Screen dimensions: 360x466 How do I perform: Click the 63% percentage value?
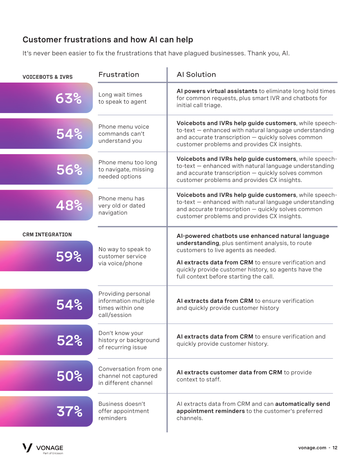pyautogui.click(x=68, y=98)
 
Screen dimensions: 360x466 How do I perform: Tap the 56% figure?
pyautogui.click(x=70, y=170)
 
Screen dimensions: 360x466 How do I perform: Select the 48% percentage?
pyautogui.click(x=69, y=205)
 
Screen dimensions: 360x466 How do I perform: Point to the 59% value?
pyautogui.click(x=68, y=257)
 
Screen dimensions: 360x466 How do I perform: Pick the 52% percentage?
pyautogui.click(x=70, y=340)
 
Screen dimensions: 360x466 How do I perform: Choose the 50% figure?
pyautogui.click(x=70, y=376)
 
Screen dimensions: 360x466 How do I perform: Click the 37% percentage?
pyautogui.click(x=70, y=411)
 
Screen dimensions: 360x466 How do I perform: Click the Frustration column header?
pyautogui.click(x=119, y=75)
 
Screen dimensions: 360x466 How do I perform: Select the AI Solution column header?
pyautogui.click(x=196, y=75)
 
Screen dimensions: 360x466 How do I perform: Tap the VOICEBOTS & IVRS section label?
pyautogui.click(x=48, y=77)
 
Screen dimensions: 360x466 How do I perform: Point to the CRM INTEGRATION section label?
pyautogui.click(x=47, y=234)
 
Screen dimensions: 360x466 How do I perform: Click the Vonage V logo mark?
pyautogui.click(x=27, y=448)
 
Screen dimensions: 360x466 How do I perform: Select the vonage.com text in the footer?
pyautogui.click(x=312, y=448)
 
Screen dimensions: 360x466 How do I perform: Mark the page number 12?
pyautogui.click(x=335, y=448)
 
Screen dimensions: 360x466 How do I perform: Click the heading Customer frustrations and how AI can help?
pyautogui.click(x=108, y=40)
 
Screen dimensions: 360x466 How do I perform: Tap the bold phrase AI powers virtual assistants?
pyautogui.click(x=217, y=91)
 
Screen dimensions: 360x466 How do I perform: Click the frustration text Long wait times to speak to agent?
pyautogui.click(x=122, y=98)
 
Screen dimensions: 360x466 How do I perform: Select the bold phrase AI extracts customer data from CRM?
pyautogui.click(x=229, y=372)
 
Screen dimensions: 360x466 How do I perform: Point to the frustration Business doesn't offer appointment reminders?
pyautogui.click(x=124, y=411)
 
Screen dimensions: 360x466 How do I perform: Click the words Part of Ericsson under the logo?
pyautogui.click(x=53, y=453)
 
